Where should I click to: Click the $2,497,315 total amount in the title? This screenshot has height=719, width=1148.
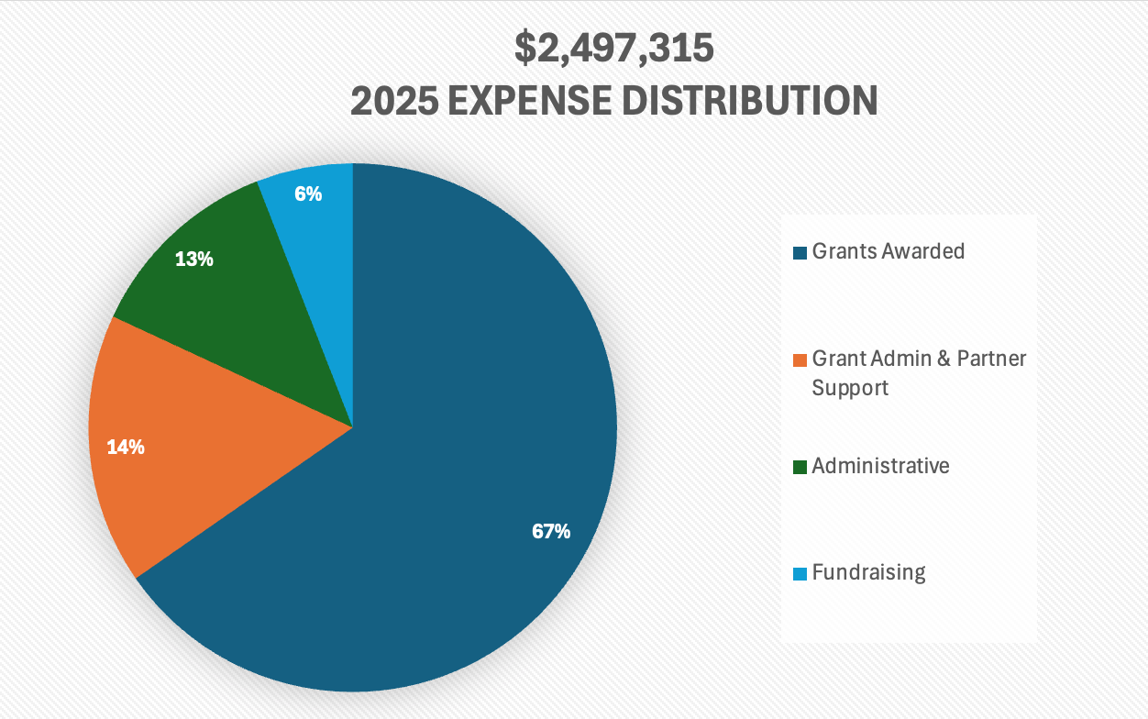613,49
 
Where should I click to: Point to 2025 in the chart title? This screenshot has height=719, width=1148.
392,101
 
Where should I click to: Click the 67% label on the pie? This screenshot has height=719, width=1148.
551,531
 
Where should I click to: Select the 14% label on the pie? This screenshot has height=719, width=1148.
126,448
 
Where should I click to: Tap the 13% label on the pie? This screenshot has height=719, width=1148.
194,260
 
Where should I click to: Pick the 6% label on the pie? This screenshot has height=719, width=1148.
308,194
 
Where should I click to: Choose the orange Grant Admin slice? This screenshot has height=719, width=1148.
183,440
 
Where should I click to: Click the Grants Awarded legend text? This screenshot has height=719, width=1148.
888,251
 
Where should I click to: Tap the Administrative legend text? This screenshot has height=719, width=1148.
880,466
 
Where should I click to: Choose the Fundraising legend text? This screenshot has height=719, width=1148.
868,573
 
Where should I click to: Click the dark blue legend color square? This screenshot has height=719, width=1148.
800,252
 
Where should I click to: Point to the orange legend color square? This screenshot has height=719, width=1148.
800,359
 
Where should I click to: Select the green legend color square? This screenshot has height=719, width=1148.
800,467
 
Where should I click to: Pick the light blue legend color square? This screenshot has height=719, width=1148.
800,574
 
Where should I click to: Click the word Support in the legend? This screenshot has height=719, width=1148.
850,388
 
